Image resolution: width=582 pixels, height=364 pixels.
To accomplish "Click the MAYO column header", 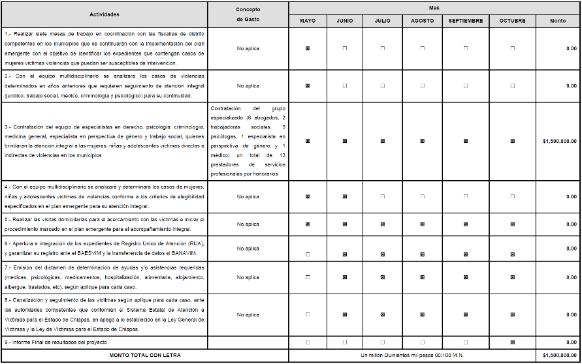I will [x=308, y=21].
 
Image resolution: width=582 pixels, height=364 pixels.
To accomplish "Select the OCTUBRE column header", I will [x=512, y=21].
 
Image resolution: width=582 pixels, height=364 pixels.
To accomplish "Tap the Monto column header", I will [x=558, y=21].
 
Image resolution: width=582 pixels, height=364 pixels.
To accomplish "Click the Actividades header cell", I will [x=105, y=14].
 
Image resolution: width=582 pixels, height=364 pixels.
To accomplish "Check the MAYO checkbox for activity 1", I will [x=308, y=48].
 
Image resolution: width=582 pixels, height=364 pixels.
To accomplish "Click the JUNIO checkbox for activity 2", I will [x=346, y=85].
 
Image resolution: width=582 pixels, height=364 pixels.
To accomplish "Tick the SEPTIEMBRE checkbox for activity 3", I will [x=466, y=140].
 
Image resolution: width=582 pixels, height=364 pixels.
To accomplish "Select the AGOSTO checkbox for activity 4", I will [x=422, y=196].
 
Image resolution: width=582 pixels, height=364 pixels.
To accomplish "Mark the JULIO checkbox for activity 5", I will [x=383, y=224].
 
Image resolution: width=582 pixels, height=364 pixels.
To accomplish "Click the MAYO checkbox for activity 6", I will [x=308, y=254].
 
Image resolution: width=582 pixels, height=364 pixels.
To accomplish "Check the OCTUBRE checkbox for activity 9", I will [x=512, y=342].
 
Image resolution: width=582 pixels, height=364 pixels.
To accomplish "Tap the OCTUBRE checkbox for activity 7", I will [x=512, y=277].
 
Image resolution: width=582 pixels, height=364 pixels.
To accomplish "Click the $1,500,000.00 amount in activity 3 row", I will [x=559, y=140].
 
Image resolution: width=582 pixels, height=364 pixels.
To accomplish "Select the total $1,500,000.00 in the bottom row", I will [x=559, y=355].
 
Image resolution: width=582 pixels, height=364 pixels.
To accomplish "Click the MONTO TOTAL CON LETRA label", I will [x=145, y=355].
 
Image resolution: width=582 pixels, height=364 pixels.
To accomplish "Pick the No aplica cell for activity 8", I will [x=248, y=314].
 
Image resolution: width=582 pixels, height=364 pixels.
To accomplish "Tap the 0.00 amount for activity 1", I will [x=572, y=48].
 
